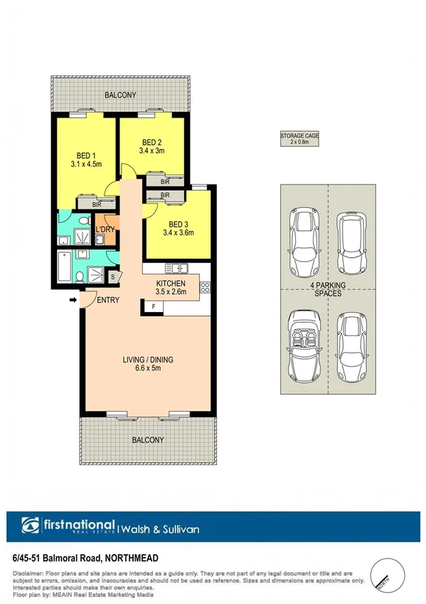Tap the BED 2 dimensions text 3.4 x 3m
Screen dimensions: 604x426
coord(152,151)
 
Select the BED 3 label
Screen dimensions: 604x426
coord(178,223)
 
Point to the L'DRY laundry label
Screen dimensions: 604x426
coord(105,229)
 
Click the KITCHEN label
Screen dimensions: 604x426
coord(171,283)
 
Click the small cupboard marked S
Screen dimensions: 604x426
coord(113,276)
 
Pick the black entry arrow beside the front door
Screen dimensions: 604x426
coord(73,300)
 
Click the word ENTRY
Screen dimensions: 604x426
coord(109,300)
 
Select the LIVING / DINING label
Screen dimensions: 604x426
coord(147,360)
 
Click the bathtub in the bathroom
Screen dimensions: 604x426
coord(65,270)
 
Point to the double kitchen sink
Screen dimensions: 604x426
coord(176,269)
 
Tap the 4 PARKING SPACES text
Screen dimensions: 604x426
coord(327,288)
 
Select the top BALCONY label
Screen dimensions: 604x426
coord(120,95)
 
